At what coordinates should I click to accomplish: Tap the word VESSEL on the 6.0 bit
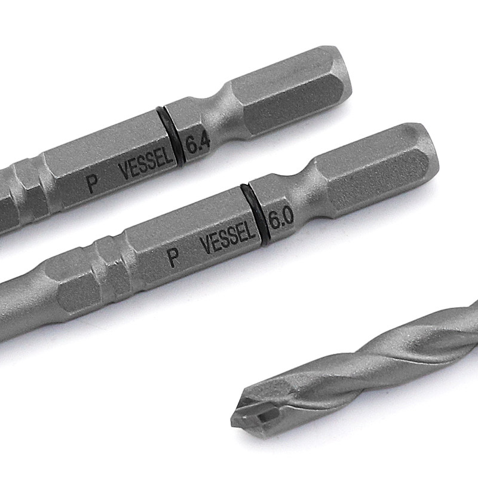228,237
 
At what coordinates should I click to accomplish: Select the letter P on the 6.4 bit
92,184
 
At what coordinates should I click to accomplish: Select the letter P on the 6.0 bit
174,258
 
